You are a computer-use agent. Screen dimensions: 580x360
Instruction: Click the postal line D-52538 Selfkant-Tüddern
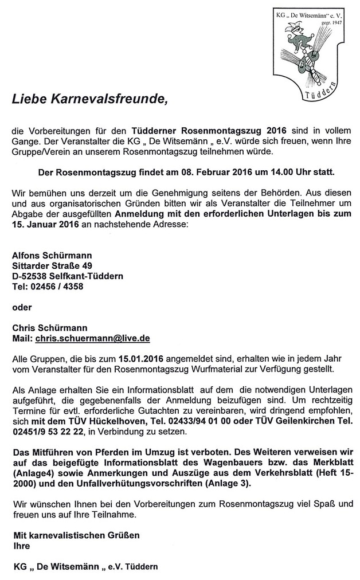[x=68, y=276]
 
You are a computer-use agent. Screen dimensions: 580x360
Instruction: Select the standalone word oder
[x=22, y=307]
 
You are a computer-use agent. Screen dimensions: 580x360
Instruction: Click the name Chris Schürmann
[x=50, y=328]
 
